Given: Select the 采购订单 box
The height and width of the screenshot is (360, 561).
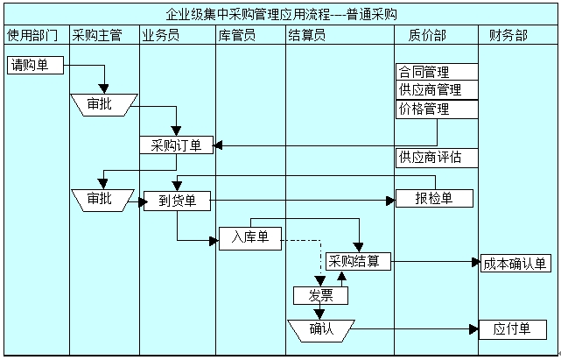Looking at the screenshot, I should point(176,145).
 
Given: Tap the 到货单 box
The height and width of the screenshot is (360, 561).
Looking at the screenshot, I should point(177,201).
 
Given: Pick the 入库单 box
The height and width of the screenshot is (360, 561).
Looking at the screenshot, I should point(249,237).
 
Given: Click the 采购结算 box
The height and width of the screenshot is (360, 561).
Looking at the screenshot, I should point(358,261).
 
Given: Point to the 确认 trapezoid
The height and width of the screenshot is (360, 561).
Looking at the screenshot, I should point(320,329).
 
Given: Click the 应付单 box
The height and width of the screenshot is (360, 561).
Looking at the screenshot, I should point(513,329).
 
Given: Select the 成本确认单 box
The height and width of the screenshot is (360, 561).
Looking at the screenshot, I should point(515,263).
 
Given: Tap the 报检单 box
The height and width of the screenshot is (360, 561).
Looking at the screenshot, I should point(434,198).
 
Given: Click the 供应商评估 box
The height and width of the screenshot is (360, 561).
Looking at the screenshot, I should point(436,158).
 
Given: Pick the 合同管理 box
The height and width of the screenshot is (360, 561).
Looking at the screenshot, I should point(436,72).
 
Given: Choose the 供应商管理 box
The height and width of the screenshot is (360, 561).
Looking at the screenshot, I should point(436,89).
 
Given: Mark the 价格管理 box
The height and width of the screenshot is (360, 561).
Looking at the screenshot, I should point(436,109).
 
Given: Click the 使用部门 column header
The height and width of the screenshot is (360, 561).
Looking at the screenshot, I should point(34,35).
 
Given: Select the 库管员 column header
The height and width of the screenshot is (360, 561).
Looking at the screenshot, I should point(250,35).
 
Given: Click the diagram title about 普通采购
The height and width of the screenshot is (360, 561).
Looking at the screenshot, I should point(281,14).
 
